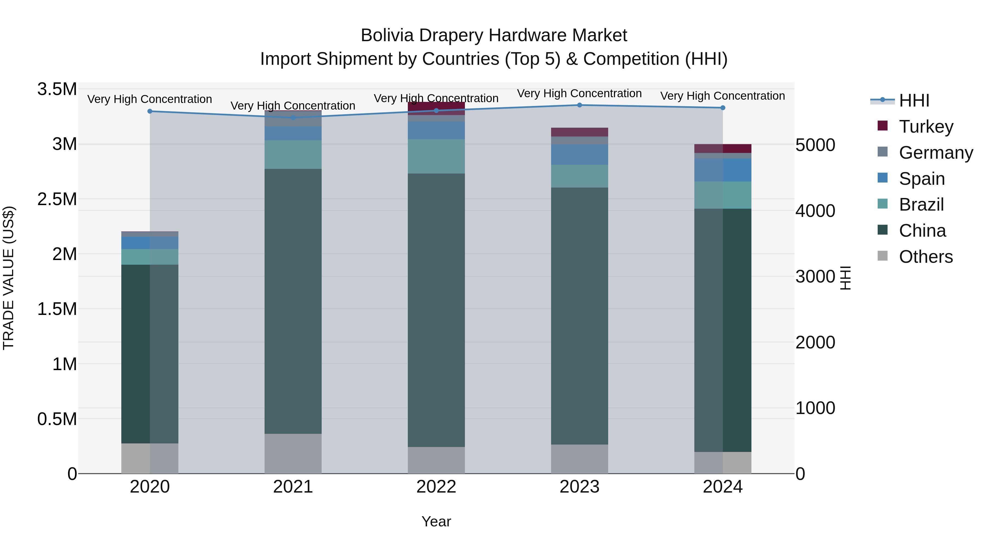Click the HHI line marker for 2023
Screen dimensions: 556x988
pos(580,105)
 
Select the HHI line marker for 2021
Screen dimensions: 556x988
pos(293,118)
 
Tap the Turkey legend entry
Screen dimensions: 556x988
pos(925,127)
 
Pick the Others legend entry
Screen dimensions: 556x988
pos(925,257)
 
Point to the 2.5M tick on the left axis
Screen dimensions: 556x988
pos(57,199)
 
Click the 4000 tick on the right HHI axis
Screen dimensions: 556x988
pos(815,211)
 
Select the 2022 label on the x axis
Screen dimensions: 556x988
pos(436,487)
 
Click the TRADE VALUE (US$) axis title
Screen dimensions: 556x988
pos(9,278)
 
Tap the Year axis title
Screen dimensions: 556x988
pos(436,521)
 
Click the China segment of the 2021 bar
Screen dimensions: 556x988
pos(293,301)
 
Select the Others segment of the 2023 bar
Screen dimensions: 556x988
pos(580,459)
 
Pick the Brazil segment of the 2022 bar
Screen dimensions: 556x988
pos(436,156)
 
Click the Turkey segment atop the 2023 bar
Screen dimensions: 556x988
pos(580,132)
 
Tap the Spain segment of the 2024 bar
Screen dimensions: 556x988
pos(723,170)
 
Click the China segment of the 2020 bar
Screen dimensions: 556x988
pos(150,354)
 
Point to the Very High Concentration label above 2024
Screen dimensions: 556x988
pos(723,96)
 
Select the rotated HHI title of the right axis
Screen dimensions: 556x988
pos(845,278)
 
